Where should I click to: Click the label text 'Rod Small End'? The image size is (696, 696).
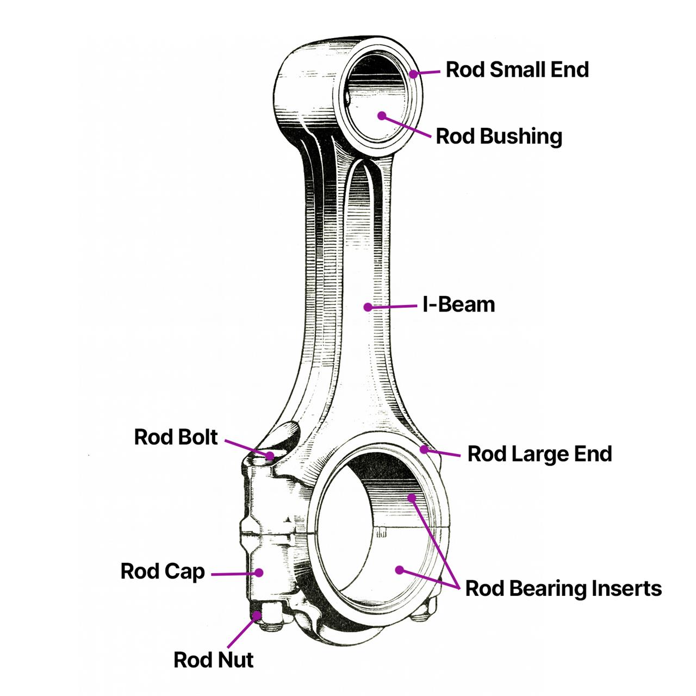coord(517,70)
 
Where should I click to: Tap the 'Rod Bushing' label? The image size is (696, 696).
coord(499,136)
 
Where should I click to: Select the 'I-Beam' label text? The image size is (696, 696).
coord(458,304)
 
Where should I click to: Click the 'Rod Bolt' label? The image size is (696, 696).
coord(176,437)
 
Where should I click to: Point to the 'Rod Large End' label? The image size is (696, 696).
coord(539,454)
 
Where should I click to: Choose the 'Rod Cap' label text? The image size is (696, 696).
coord(163,571)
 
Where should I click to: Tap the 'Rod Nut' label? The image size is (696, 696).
coord(213,660)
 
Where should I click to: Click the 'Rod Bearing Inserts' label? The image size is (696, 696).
coord(563,588)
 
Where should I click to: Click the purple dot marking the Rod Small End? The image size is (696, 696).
coord(413,73)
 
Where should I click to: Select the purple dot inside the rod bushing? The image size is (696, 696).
coord(382,116)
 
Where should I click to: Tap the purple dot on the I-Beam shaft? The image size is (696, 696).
coord(368,307)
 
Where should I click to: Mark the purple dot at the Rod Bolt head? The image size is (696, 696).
coord(270,455)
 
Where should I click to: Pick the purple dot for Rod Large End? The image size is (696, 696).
coord(424,449)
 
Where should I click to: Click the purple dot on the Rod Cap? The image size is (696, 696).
coord(259,573)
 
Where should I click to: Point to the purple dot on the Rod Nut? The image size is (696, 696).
coord(257,614)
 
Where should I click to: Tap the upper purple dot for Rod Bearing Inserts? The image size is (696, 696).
coord(412,497)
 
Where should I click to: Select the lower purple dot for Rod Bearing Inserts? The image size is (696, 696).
coord(400,570)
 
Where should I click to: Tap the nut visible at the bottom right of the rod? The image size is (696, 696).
coord(424,611)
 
